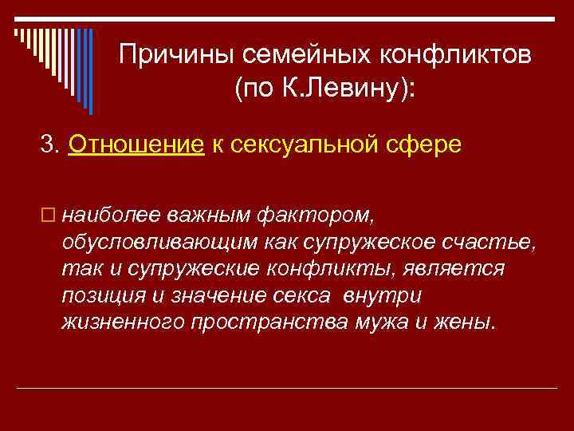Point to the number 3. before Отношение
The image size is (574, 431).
pos(51,146)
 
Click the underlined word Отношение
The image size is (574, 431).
pos(137,146)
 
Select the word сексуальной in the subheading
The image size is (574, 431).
pos(298,146)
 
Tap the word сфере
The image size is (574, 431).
pos(427,146)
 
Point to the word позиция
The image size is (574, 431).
pos(100,296)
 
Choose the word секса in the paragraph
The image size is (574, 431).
pos(305,296)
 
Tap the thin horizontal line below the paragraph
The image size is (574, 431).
pos(287,387)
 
